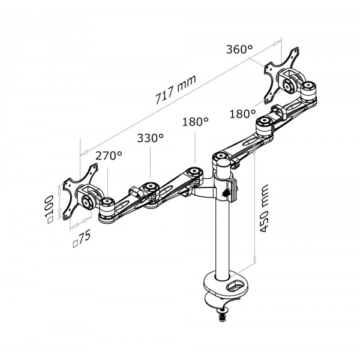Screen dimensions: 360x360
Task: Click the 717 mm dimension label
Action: (176, 89)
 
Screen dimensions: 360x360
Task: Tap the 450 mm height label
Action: (263, 208)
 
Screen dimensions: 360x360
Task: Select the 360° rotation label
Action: (239, 49)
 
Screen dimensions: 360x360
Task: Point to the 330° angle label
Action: (151, 138)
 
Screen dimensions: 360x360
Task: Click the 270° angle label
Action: (109, 155)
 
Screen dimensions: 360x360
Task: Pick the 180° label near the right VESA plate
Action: (242, 113)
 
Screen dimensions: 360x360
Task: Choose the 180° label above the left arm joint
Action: (196, 121)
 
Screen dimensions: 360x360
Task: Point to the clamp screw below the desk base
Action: (222, 317)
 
